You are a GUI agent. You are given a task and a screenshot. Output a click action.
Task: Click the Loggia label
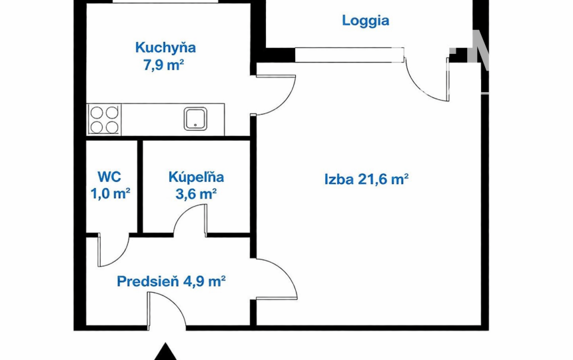(365, 21)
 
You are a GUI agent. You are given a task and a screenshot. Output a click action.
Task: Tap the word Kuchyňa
(165, 48)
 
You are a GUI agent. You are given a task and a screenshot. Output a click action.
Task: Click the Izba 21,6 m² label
(366, 179)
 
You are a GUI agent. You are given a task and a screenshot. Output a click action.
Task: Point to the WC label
(109, 177)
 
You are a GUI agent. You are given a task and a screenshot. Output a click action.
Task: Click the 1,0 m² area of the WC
(109, 194)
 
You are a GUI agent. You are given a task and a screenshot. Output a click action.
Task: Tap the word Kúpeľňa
(196, 177)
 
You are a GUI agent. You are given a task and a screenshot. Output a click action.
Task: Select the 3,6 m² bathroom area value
(196, 194)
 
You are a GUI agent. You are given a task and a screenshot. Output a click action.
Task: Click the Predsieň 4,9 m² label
(171, 281)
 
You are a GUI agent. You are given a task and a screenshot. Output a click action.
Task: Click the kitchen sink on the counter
(195, 119)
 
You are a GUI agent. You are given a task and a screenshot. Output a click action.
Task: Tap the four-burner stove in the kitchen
(103, 120)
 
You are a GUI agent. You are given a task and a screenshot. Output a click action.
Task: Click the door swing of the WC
(112, 250)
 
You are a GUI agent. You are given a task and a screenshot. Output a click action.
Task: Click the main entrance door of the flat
(164, 310)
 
